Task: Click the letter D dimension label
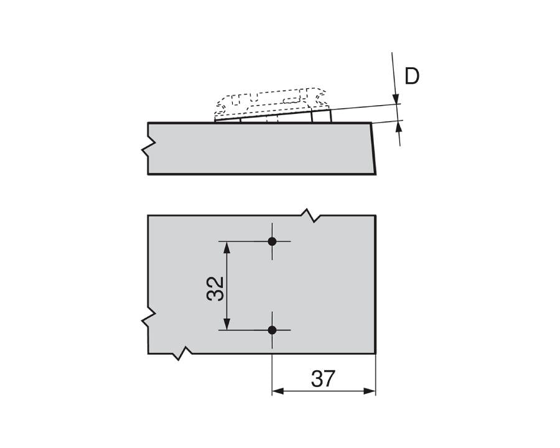tap(412, 76)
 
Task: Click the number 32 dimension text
tap(215, 288)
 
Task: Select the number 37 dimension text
tap(323, 378)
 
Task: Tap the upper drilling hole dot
tap(272, 241)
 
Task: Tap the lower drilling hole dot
tap(272, 330)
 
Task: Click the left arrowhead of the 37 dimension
tap(278, 391)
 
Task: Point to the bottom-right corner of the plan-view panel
tap(376, 353)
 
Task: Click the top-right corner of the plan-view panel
tap(376, 216)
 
